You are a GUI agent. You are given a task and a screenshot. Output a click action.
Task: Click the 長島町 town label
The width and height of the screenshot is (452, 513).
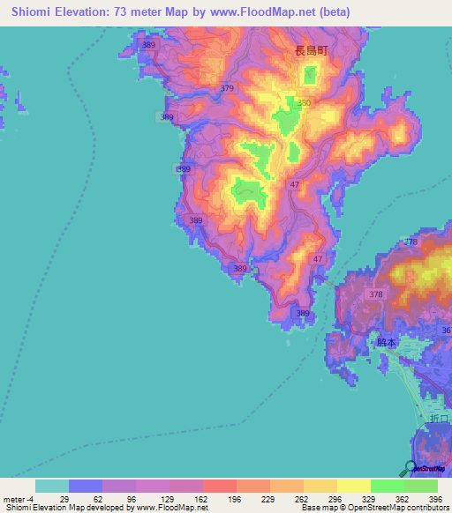coord(311,51)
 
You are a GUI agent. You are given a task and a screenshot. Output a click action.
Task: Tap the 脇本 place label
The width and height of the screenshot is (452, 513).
coord(387,343)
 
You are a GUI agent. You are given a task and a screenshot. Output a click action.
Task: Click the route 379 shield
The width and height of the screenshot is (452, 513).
coord(228,89)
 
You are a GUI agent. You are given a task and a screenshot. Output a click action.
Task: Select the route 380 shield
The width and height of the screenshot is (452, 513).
coord(305,104)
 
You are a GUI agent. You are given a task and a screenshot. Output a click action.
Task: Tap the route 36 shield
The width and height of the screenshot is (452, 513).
coord(446,331)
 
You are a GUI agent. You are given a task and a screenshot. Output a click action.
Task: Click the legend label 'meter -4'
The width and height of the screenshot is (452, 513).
coord(18,499)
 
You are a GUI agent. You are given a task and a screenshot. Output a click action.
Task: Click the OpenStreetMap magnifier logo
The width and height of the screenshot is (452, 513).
coord(411,467)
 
